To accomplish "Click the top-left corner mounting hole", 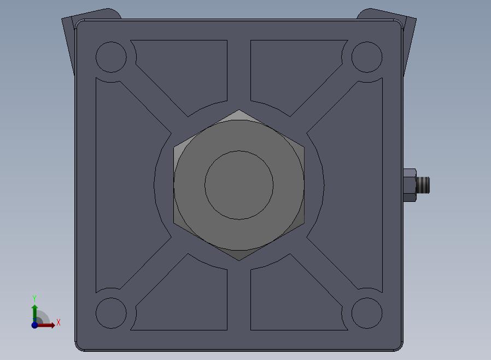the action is pyautogui.click(x=111, y=57).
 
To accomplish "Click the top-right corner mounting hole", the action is pyautogui.click(x=367, y=57).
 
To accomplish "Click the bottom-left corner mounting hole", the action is pyautogui.click(x=111, y=313).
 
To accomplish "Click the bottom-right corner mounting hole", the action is pyautogui.click(x=367, y=313).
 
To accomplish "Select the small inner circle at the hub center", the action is pyautogui.click(x=239, y=185).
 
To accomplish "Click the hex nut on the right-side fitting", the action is pyautogui.click(x=410, y=185).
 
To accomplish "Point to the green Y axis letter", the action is pyautogui.click(x=34, y=298).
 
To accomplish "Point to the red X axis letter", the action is pyautogui.click(x=59, y=322).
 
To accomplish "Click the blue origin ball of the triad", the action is pyautogui.click(x=35, y=325).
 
